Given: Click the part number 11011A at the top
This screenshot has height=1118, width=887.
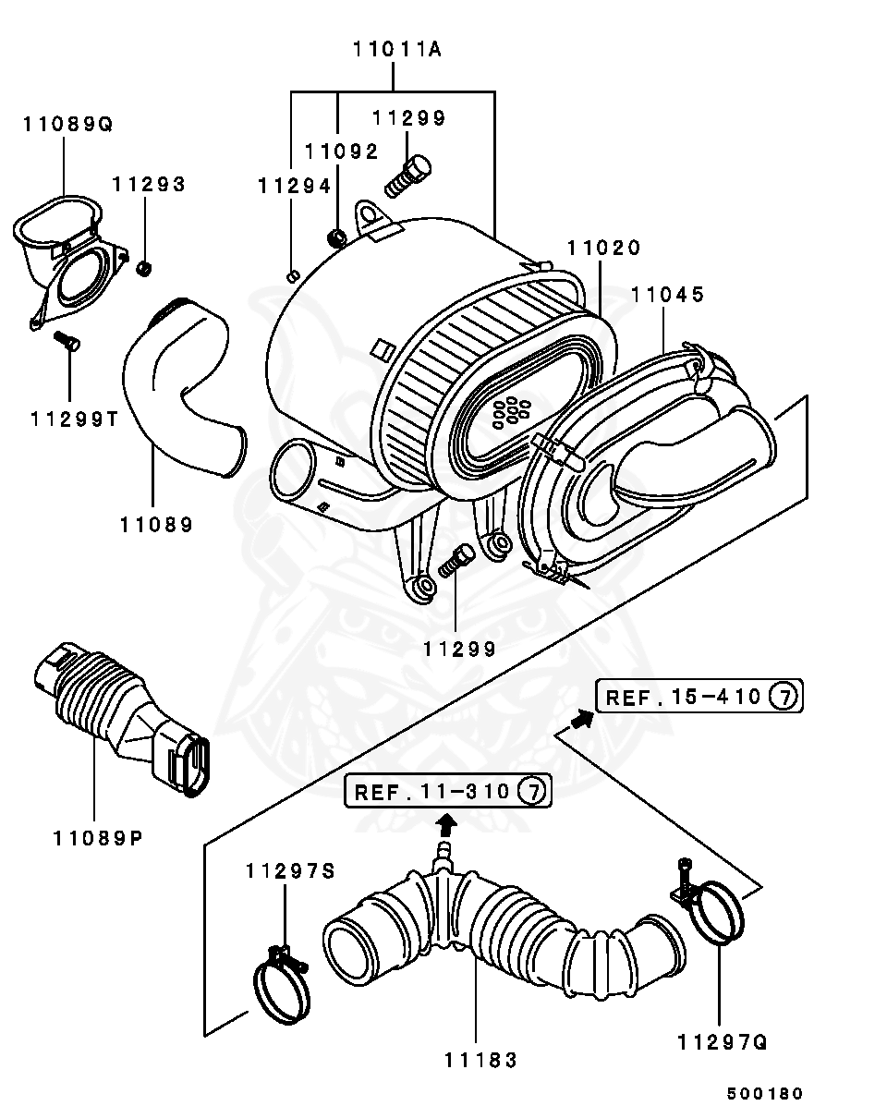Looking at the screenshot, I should click(x=396, y=50).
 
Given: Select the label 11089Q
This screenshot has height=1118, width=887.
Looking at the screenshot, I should click(x=67, y=124).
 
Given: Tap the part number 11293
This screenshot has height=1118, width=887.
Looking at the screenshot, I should click(x=149, y=185).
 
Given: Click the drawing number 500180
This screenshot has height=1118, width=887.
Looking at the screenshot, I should click(x=764, y=1093).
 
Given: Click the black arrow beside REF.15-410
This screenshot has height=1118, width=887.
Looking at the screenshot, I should click(x=579, y=720).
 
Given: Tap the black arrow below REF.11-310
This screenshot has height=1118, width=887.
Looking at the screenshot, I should click(x=446, y=822).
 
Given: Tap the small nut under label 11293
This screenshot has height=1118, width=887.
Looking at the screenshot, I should click(x=144, y=269).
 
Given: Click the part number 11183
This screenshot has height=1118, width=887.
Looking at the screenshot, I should click(x=478, y=1061).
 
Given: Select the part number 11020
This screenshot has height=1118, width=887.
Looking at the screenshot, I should click(x=603, y=248).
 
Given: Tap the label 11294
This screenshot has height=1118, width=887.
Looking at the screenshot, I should click(x=293, y=186).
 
